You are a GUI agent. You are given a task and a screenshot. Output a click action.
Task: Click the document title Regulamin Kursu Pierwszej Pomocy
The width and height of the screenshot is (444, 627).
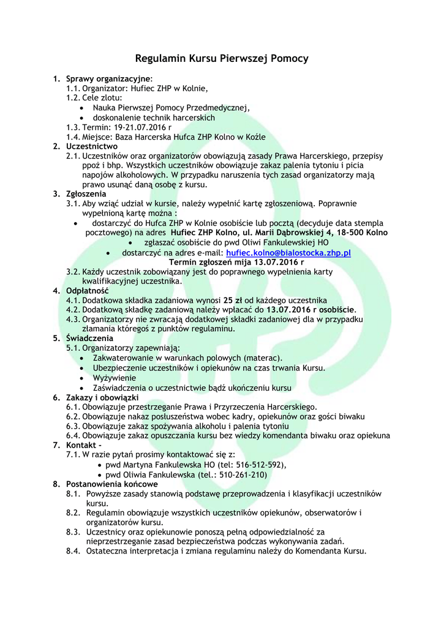[222, 59]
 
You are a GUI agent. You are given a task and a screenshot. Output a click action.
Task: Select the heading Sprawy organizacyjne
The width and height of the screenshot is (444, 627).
[108, 79]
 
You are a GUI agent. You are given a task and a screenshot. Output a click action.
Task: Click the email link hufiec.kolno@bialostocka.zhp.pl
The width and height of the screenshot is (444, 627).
[288, 253]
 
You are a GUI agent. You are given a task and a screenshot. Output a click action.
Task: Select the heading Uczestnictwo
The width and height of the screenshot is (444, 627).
[92, 146]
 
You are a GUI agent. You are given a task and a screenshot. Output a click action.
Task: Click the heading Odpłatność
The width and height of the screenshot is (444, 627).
[87, 290]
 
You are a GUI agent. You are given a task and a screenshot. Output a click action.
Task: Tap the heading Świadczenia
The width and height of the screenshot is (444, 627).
[89, 338]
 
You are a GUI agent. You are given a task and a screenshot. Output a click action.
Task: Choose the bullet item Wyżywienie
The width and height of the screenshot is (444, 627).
[115, 378]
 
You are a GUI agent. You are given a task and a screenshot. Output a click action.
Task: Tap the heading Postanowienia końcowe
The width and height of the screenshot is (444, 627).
[111, 484]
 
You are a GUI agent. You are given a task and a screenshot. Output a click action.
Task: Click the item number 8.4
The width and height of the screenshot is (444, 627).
[73, 550]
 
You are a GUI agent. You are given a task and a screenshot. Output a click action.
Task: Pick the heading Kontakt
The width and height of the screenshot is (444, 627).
[81, 445]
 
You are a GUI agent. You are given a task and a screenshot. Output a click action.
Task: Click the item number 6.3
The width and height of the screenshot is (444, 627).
[73, 426]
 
